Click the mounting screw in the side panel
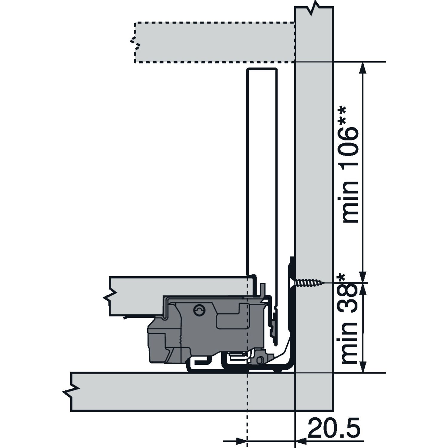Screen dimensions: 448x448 point(309,282)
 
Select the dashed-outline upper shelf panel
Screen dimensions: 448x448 point(214,42)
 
